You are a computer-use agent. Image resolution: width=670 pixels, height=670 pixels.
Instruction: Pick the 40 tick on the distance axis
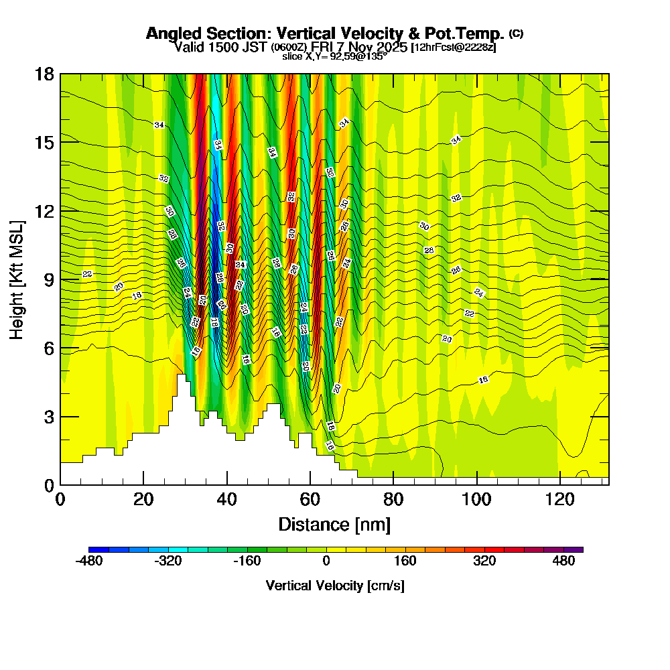[x=227, y=499]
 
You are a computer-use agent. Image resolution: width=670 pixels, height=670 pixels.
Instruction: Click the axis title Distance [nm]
[x=334, y=524]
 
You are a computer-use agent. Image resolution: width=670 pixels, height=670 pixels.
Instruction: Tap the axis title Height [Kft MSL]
[x=17, y=279]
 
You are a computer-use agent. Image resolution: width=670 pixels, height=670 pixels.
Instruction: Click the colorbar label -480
[x=90, y=561]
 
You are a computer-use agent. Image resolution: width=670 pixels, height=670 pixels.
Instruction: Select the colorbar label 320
[x=484, y=561]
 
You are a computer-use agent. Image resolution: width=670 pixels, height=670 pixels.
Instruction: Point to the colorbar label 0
[x=326, y=561]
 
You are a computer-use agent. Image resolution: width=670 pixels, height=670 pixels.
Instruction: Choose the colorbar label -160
[x=247, y=561]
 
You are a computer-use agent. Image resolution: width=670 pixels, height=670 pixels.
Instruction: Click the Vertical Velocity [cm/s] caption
[x=334, y=586]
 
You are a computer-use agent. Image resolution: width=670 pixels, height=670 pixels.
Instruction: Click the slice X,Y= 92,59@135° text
[x=334, y=57]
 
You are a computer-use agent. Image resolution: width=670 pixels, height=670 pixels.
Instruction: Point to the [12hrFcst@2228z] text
[x=453, y=47]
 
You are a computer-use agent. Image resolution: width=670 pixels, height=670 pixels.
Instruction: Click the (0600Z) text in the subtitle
[x=288, y=48]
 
